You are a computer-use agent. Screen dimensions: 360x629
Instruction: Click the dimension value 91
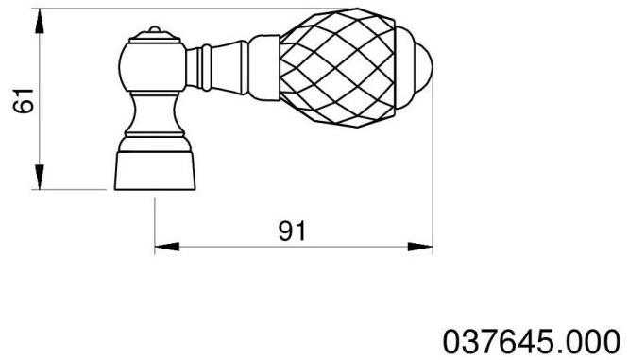point(294,231)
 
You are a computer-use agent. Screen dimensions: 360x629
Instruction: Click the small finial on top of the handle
point(154,35)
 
